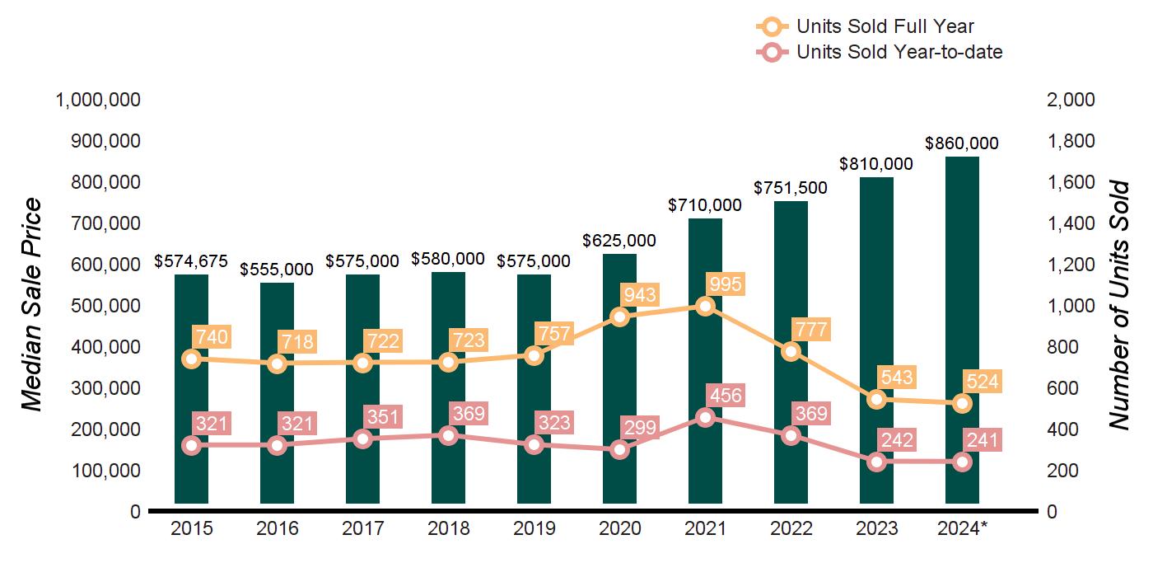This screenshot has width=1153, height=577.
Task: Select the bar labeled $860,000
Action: click(962, 330)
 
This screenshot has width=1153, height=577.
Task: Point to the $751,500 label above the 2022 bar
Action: click(791, 188)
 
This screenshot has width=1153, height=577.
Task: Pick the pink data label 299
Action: click(639, 427)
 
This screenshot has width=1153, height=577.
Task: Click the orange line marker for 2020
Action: click(620, 317)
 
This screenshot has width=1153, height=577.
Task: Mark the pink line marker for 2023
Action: click(877, 462)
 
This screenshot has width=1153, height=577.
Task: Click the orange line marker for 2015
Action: click(192, 359)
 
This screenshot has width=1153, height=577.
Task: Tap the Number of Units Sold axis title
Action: click(1118, 305)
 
